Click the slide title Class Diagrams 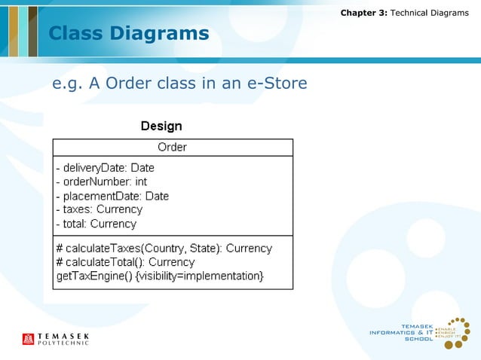(x=128, y=34)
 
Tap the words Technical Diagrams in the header (x=430, y=13)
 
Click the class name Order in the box (x=172, y=148)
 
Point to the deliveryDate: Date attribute (x=105, y=168)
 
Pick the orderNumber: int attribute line (x=102, y=182)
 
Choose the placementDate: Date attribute (x=112, y=196)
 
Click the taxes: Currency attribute (x=99, y=209)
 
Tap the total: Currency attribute (x=96, y=224)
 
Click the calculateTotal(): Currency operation (x=125, y=262)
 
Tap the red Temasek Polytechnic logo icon (x=29, y=339)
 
